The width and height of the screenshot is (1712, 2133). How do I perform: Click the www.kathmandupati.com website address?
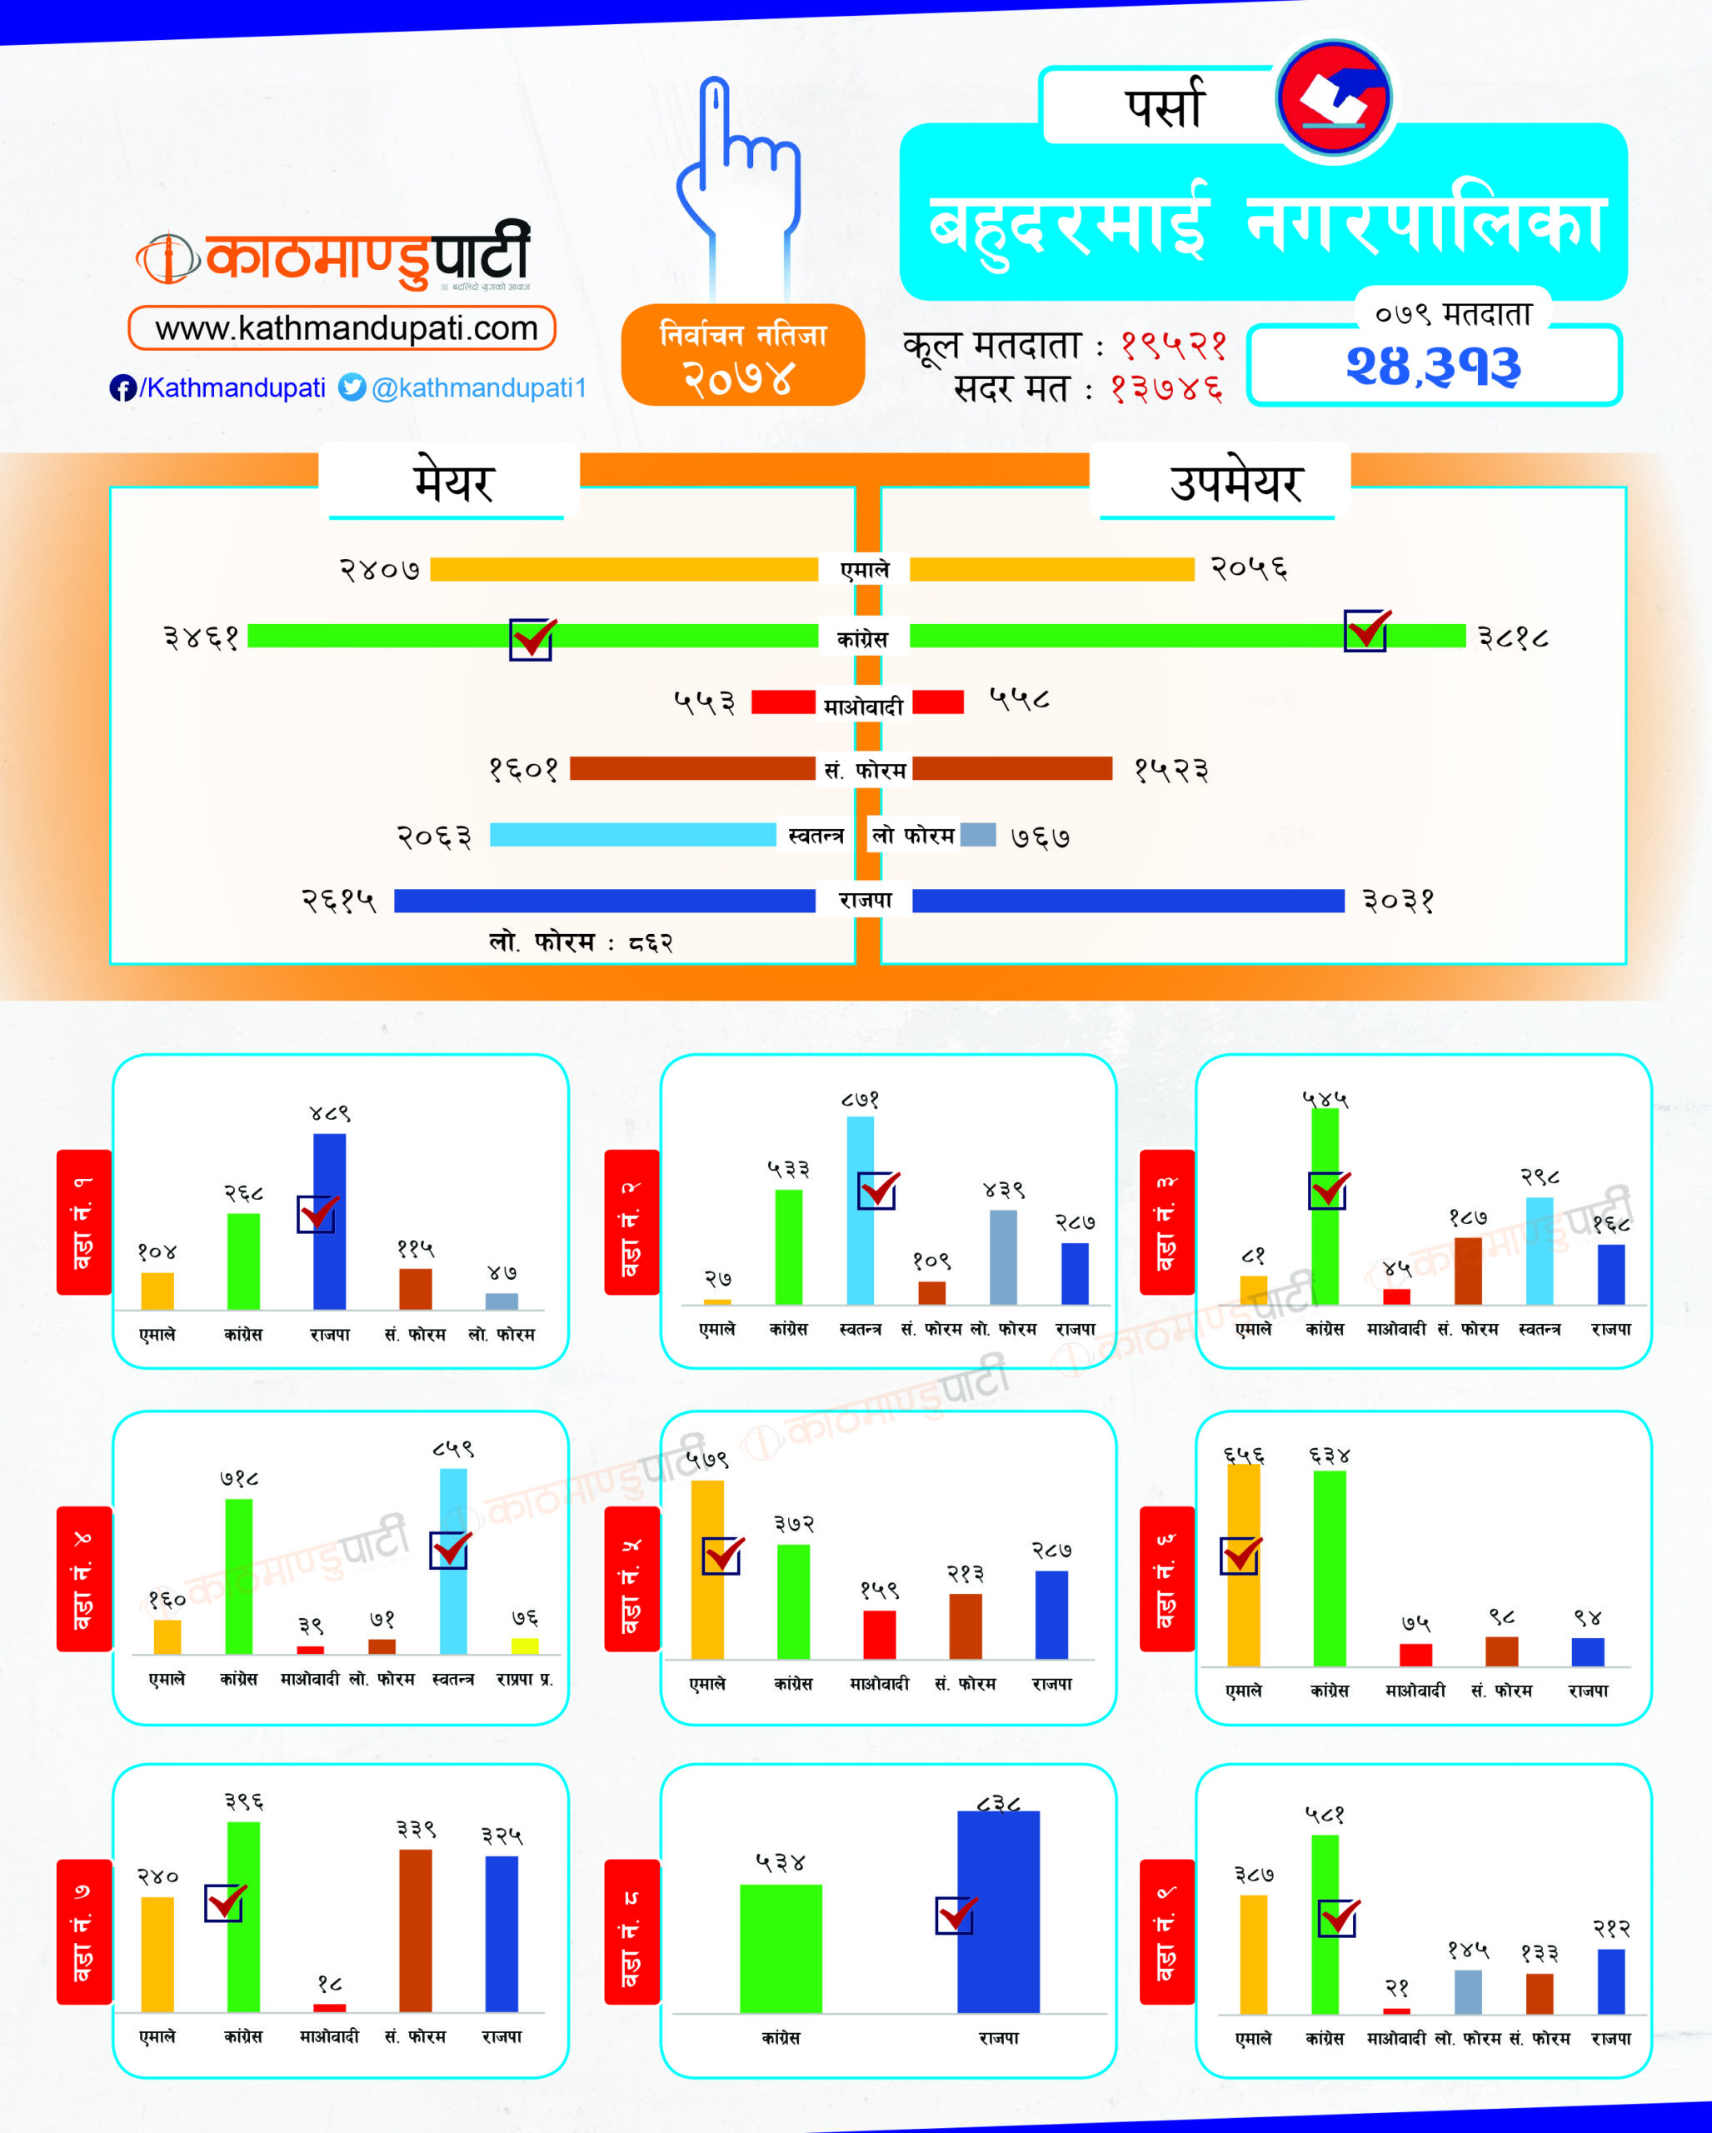click(342, 327)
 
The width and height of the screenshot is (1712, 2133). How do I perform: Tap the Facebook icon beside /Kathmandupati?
click(122, 387)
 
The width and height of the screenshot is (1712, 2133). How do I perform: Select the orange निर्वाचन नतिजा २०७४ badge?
click(743, 355)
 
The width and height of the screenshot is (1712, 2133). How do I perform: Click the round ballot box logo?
click(1333, 98)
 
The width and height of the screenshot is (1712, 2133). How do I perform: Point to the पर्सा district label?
click(1164, 107)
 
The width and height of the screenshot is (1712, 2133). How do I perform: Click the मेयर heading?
click(453, 482)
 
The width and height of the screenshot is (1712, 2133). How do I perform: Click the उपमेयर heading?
click(1235, 482)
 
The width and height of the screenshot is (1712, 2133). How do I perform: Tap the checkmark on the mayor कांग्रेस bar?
click(532, 638)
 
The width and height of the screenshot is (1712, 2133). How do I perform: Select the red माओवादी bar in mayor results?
click(782, 702)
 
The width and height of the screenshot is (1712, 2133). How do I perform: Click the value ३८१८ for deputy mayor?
click(1513, 637)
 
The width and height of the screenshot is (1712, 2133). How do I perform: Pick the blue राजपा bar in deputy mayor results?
click(1127, 901)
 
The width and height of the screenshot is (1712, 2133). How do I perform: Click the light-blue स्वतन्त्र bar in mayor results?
click(633, 834)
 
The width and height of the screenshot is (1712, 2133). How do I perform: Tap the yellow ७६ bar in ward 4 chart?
click(525, 1646)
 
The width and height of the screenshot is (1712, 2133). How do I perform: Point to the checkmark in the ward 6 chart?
click(1240, 1556)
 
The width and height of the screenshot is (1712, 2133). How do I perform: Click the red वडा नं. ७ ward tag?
click(84, 1932)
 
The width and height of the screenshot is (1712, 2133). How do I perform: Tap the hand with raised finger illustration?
click(740, 178)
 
